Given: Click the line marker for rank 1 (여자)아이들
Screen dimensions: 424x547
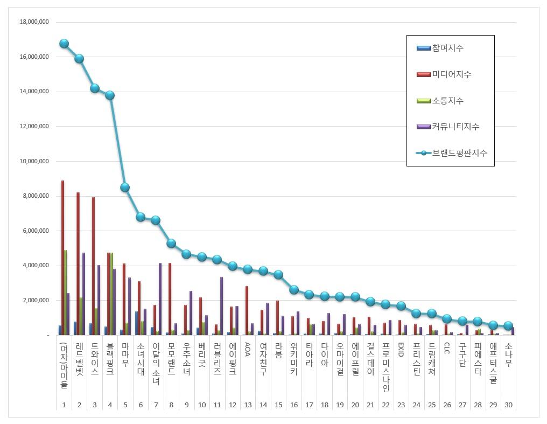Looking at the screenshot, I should coord(64,44).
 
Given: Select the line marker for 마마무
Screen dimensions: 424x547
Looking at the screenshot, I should coord(125,187).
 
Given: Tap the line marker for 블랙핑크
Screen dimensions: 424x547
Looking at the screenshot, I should coord(110,95).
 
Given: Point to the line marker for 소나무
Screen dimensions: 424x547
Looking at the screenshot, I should coord(508,326).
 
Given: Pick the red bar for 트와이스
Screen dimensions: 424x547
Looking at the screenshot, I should coord(93,266).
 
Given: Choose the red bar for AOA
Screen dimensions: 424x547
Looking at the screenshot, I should coord(247,310).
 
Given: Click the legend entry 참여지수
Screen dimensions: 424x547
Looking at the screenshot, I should coord(447,48).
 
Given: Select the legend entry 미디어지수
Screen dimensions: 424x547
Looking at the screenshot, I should coord(451,74).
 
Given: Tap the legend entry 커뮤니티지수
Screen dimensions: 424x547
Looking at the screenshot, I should coord(455,127).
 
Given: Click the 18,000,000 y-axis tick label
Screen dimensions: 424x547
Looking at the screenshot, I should coord(34,22).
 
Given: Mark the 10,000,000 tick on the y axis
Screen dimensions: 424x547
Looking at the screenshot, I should coord(34,161).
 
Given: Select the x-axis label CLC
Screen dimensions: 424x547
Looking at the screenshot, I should coord(446,350).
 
